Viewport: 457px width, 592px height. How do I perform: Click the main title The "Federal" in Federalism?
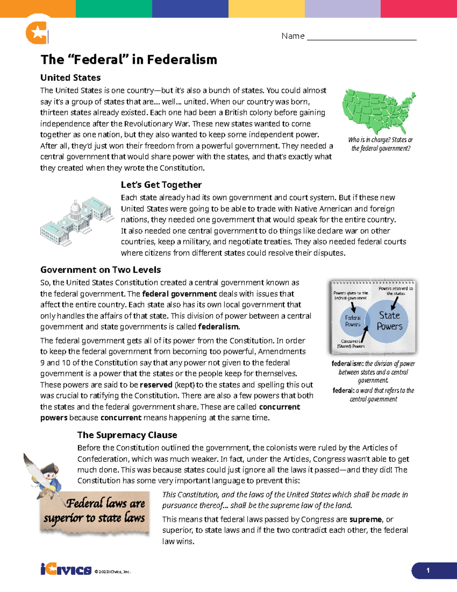129,59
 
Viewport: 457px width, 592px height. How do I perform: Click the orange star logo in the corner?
37,33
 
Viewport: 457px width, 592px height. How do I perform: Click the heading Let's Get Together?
161,185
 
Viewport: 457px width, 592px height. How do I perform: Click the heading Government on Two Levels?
101,270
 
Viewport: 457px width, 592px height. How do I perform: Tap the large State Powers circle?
390,321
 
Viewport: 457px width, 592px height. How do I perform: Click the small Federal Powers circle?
353,321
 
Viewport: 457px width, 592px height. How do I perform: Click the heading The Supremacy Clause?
127,435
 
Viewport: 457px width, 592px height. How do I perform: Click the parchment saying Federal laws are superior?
94,511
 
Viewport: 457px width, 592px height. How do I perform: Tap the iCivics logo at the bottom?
66,570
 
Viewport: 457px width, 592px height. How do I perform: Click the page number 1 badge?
428,570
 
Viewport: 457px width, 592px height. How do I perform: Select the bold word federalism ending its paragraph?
219,327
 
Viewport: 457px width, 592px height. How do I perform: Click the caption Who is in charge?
380,144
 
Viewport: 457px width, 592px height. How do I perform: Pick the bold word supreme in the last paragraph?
365,520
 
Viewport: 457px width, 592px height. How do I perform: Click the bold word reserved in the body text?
156,385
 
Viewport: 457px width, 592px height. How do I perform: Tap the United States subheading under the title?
70,78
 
